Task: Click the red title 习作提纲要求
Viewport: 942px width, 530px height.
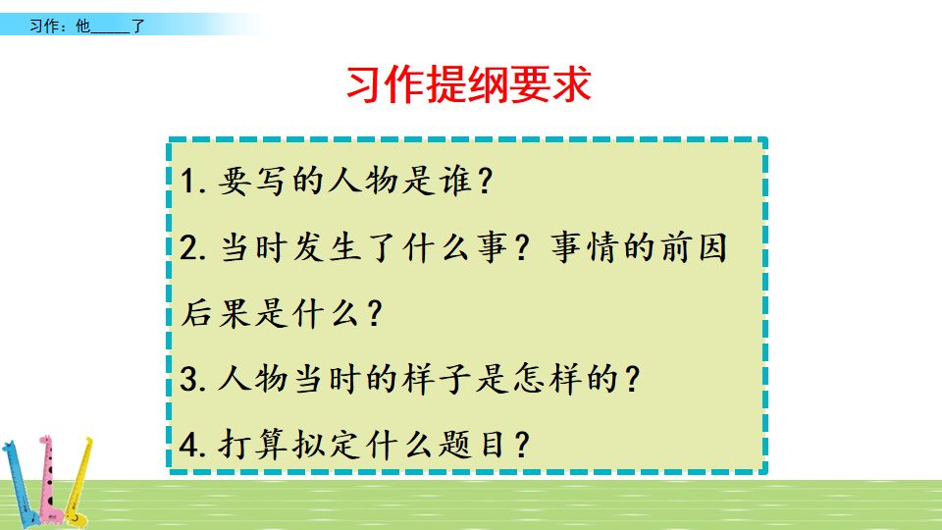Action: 468,85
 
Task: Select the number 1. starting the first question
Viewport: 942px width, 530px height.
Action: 193,184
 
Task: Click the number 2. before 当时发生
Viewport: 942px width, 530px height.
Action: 193,248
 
